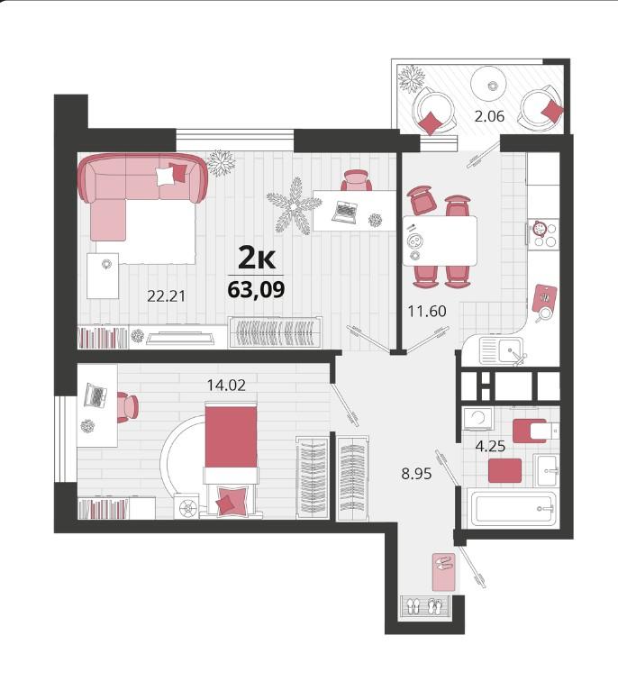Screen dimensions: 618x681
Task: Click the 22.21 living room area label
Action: click(x=167, y=296)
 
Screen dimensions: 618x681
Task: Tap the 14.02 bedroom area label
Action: click(x=226, y=385)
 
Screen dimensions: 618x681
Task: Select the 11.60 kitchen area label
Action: click(x=427, y=311)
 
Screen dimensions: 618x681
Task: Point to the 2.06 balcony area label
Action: click(x=489, y=116)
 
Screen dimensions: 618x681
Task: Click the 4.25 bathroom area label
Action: click(x=490, y=446)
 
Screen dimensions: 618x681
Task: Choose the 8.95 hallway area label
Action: click(x=416, y=474)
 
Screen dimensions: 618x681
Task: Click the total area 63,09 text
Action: click(x=256, y=289)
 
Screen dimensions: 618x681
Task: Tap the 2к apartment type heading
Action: click(x=257, y=259)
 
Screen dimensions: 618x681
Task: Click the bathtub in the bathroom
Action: click(x=512, y=508)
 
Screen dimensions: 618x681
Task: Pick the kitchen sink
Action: click(x=503, y=351)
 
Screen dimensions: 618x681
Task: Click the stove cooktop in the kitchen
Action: click(x=543, y=234)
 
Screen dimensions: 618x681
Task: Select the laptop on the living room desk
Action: click(x=345, y=213)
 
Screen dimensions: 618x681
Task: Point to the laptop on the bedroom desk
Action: click(x=95, y=395)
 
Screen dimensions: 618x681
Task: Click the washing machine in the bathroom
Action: click(x=477, y=419)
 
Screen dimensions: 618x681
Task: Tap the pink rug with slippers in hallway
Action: click(x=444, y=572)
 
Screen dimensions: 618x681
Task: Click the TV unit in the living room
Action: click(x=180, y=338)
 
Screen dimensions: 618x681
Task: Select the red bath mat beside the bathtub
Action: click(x=504, y=470)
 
